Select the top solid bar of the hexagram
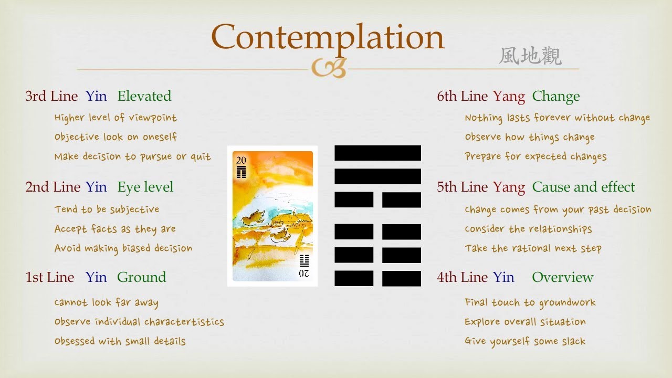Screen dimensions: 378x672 click(x=377, y=153)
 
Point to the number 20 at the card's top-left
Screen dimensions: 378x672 click(x=241, y=161)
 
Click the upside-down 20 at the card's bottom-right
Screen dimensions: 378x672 click(x=304, y=274)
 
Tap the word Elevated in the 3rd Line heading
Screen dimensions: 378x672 click(x=144, y=96)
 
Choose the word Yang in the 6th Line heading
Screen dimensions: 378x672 click(x=509, y=96)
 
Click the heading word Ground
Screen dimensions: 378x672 click(x=141, y=277)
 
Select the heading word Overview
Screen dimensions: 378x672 click(x=562, y=277)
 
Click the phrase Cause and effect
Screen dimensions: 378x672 click(x=583, y=187)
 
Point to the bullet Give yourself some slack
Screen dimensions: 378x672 click(x=525, y=341)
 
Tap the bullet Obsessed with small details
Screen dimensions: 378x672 click(x=120, y=341)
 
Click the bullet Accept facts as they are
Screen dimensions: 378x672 click(x=115, y=229)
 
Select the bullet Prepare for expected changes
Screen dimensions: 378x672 click(x=535, y=156)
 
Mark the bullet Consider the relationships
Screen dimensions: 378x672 click(x=528, y=229)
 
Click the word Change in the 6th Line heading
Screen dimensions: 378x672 click(x=556, y=96)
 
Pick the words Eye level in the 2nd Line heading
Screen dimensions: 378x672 click(x=145, y=187)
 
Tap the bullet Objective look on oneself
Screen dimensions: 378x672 click(x=115, y=137)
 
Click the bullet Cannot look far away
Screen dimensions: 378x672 click(x=106, y=302)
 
